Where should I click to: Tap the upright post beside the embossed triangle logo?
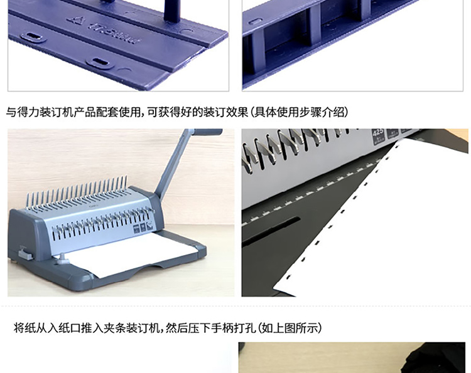172,11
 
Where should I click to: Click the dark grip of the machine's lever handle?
208,132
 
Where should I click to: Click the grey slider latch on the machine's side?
25,253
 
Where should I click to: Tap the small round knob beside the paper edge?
62,258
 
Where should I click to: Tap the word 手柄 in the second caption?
222,328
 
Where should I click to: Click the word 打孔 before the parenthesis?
244,328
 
